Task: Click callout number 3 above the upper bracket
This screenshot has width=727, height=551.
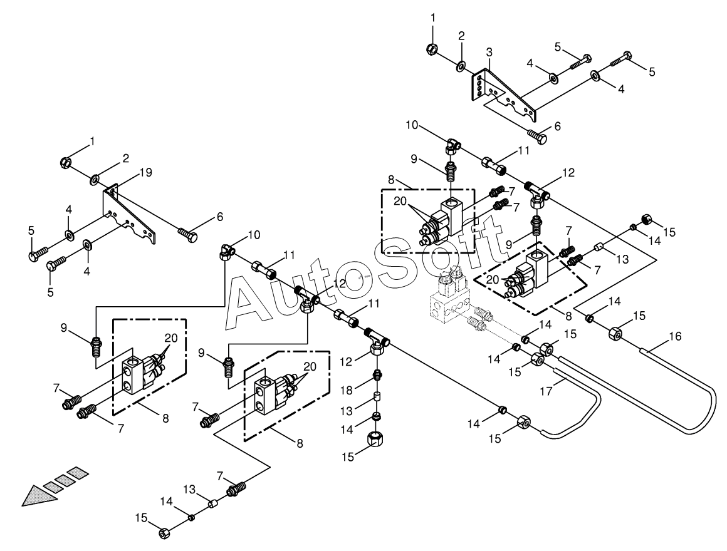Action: (x=489, y=52)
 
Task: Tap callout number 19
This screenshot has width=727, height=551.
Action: (x=145, y=173)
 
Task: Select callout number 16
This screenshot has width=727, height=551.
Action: (x=676, y=336)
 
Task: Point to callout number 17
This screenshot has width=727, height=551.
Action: (x=547, y=391)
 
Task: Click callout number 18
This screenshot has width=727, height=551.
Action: (x=347, y=390)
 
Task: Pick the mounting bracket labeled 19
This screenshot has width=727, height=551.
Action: (x=128, y=212)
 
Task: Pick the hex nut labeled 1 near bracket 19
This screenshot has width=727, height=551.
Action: (x=66, y=163)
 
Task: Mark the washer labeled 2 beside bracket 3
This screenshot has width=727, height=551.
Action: (x=462, y=66)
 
